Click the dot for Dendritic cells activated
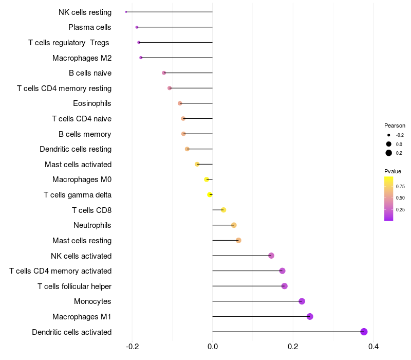tap(364, 332)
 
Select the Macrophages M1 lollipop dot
tap(310, 316)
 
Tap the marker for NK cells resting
tap(126, 12)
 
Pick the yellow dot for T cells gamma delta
tap(210, 195)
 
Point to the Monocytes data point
tap(302, 301)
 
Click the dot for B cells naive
tap(164, 73)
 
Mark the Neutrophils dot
tap(234, 225)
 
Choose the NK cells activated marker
tap(271, 256)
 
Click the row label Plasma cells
tap(89, 27)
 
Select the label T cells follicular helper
tap(74, 286)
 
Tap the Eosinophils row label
tap(92, 103)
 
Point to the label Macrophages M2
tap(82, 58)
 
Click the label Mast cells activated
tap(78, 165)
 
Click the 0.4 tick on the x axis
tap(373, 347)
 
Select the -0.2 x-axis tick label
tap(132, 347)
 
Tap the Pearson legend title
tap(395, 125)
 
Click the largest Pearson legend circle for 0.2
tap(388, 153)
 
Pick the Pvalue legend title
tap(393, 171)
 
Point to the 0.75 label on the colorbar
tap(400, 187)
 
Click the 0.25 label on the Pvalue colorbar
tap(400, 210)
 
